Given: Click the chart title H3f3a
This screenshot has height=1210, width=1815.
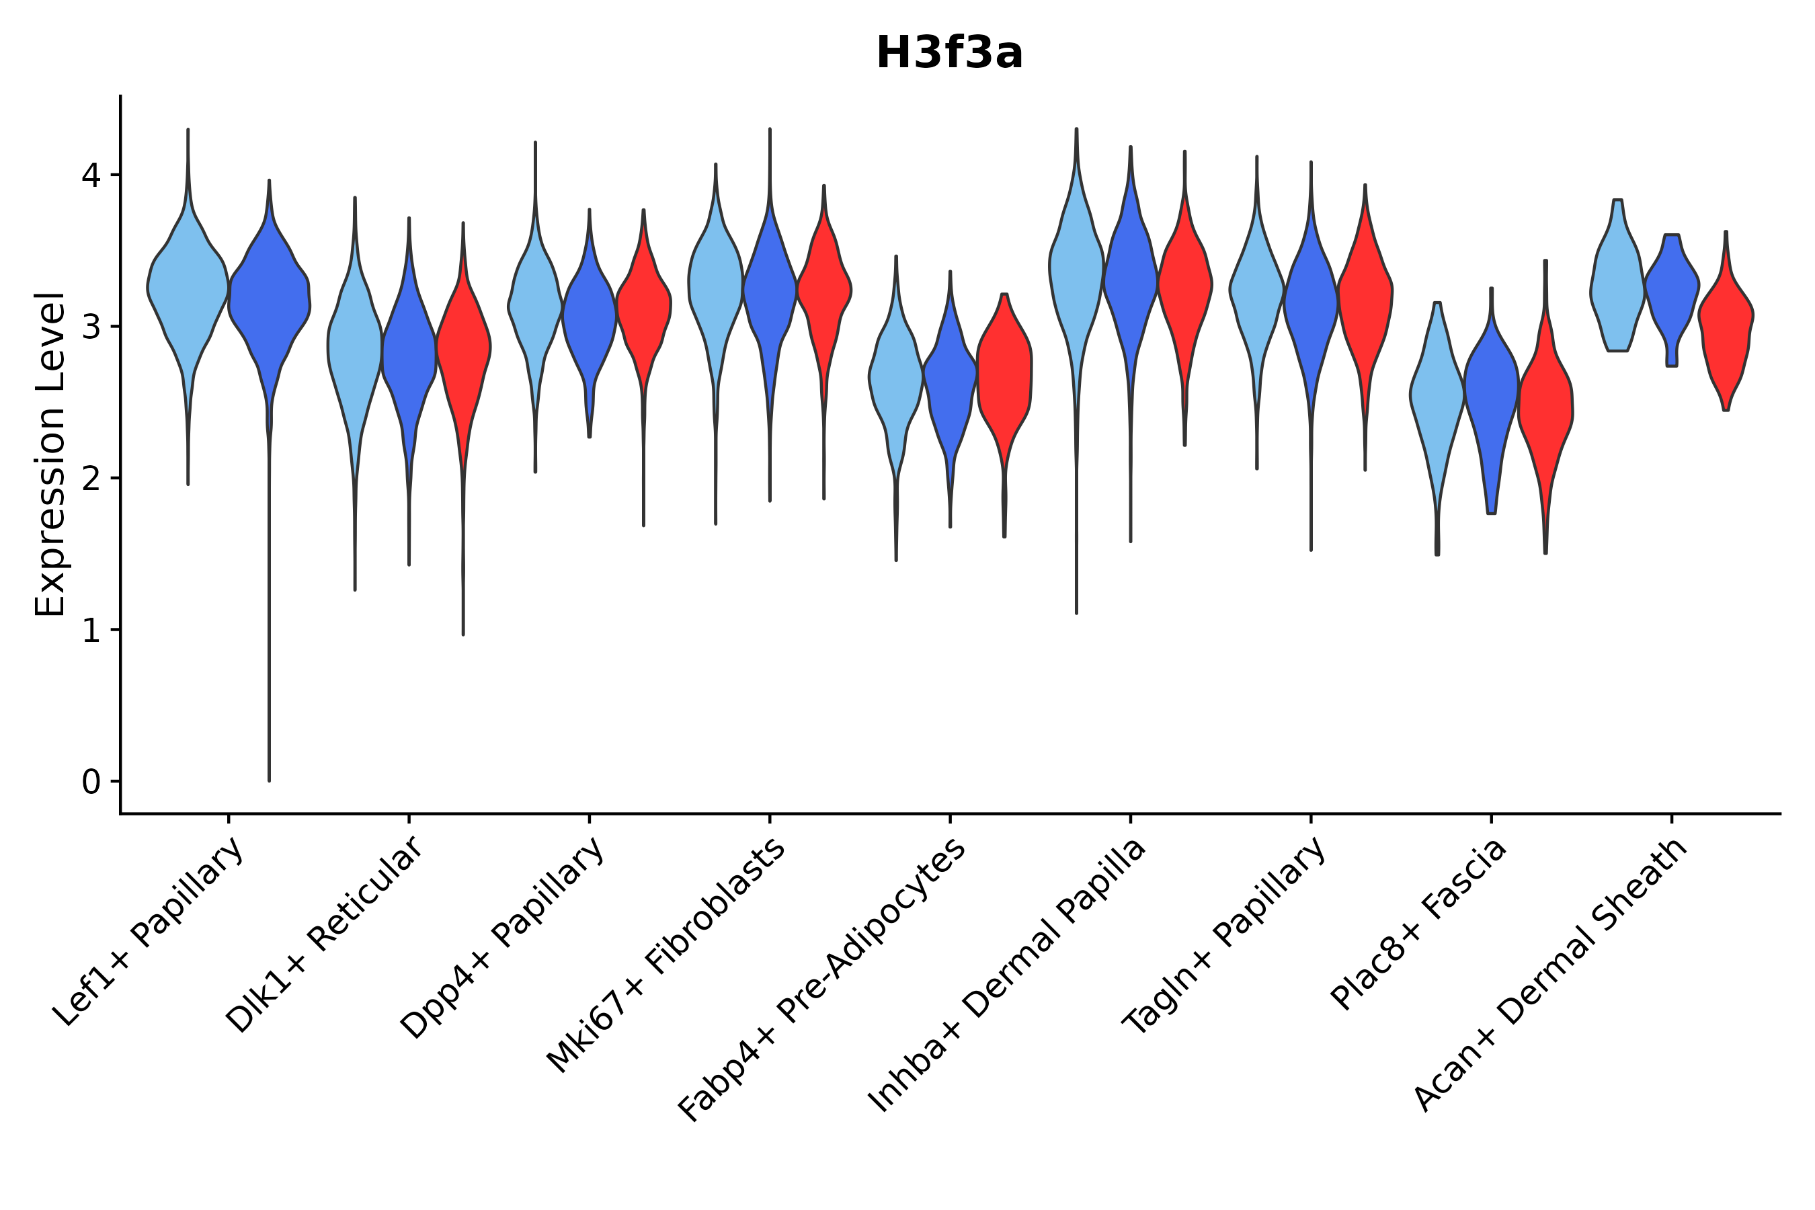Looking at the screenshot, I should coord(949,54).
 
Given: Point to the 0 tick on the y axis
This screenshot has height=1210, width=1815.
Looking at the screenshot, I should coord(90,782).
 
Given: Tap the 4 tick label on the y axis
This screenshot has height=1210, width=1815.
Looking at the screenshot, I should coord(90,176).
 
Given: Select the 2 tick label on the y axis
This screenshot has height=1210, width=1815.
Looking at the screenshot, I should coord(90,479).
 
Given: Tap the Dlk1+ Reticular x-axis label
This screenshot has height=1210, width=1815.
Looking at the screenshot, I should coord(324,934).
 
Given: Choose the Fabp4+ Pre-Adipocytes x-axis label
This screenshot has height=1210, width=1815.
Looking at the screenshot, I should coord(822,980).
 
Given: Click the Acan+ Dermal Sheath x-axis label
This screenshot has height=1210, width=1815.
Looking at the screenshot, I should coord(1551,975).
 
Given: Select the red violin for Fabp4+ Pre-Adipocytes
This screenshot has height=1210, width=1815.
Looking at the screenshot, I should coord(1004,370).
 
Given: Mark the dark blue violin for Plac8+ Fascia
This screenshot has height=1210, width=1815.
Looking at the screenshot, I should coord(1492,393).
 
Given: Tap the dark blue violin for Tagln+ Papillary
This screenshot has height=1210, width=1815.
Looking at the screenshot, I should coord(1310,301).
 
